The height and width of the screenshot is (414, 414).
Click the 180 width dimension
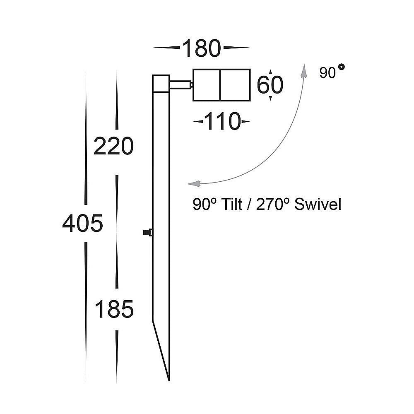coord(201,49)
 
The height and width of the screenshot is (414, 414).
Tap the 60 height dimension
coord(270,85)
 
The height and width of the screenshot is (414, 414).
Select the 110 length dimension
coord(222,122)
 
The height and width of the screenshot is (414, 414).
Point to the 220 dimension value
coord(113,146)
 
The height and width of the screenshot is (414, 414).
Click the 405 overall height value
coord(82,224)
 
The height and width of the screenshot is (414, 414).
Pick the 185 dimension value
coord(114,309)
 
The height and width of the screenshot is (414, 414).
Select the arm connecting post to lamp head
coord(181,85)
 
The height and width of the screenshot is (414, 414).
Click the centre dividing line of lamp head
coord(219,85)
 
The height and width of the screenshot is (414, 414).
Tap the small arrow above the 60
coord(270,72)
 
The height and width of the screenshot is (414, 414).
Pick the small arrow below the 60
coord(270,99)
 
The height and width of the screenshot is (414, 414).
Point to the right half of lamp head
coord(235,85)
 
